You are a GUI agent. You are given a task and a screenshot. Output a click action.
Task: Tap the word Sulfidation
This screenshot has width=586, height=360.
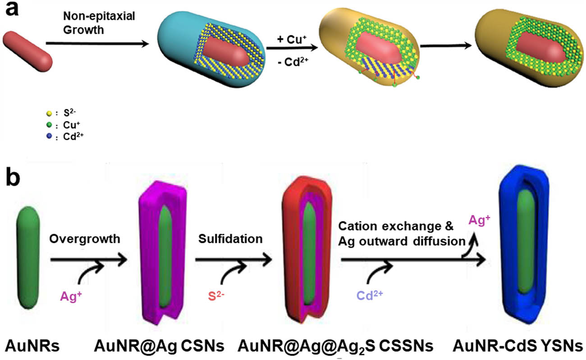tap(230, 239)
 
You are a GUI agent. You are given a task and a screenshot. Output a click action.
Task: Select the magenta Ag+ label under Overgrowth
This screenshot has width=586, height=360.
tap(71, 296)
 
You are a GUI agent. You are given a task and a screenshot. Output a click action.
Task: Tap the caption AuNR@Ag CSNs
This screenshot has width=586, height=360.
tap(159, 346)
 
